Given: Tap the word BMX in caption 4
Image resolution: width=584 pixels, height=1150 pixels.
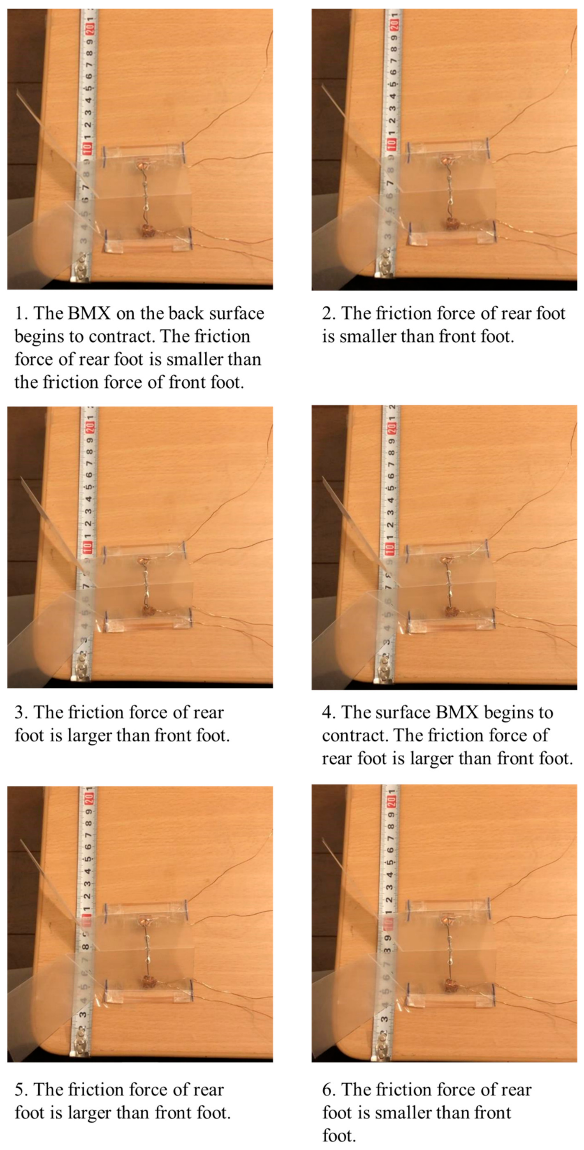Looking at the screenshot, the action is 457,713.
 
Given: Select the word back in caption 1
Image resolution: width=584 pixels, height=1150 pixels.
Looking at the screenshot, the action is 186,314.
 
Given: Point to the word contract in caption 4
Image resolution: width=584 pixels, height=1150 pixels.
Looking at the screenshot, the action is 353,736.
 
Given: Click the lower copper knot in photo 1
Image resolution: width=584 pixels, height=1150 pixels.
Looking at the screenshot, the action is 146,231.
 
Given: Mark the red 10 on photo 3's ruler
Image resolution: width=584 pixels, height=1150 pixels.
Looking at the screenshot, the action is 87,546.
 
